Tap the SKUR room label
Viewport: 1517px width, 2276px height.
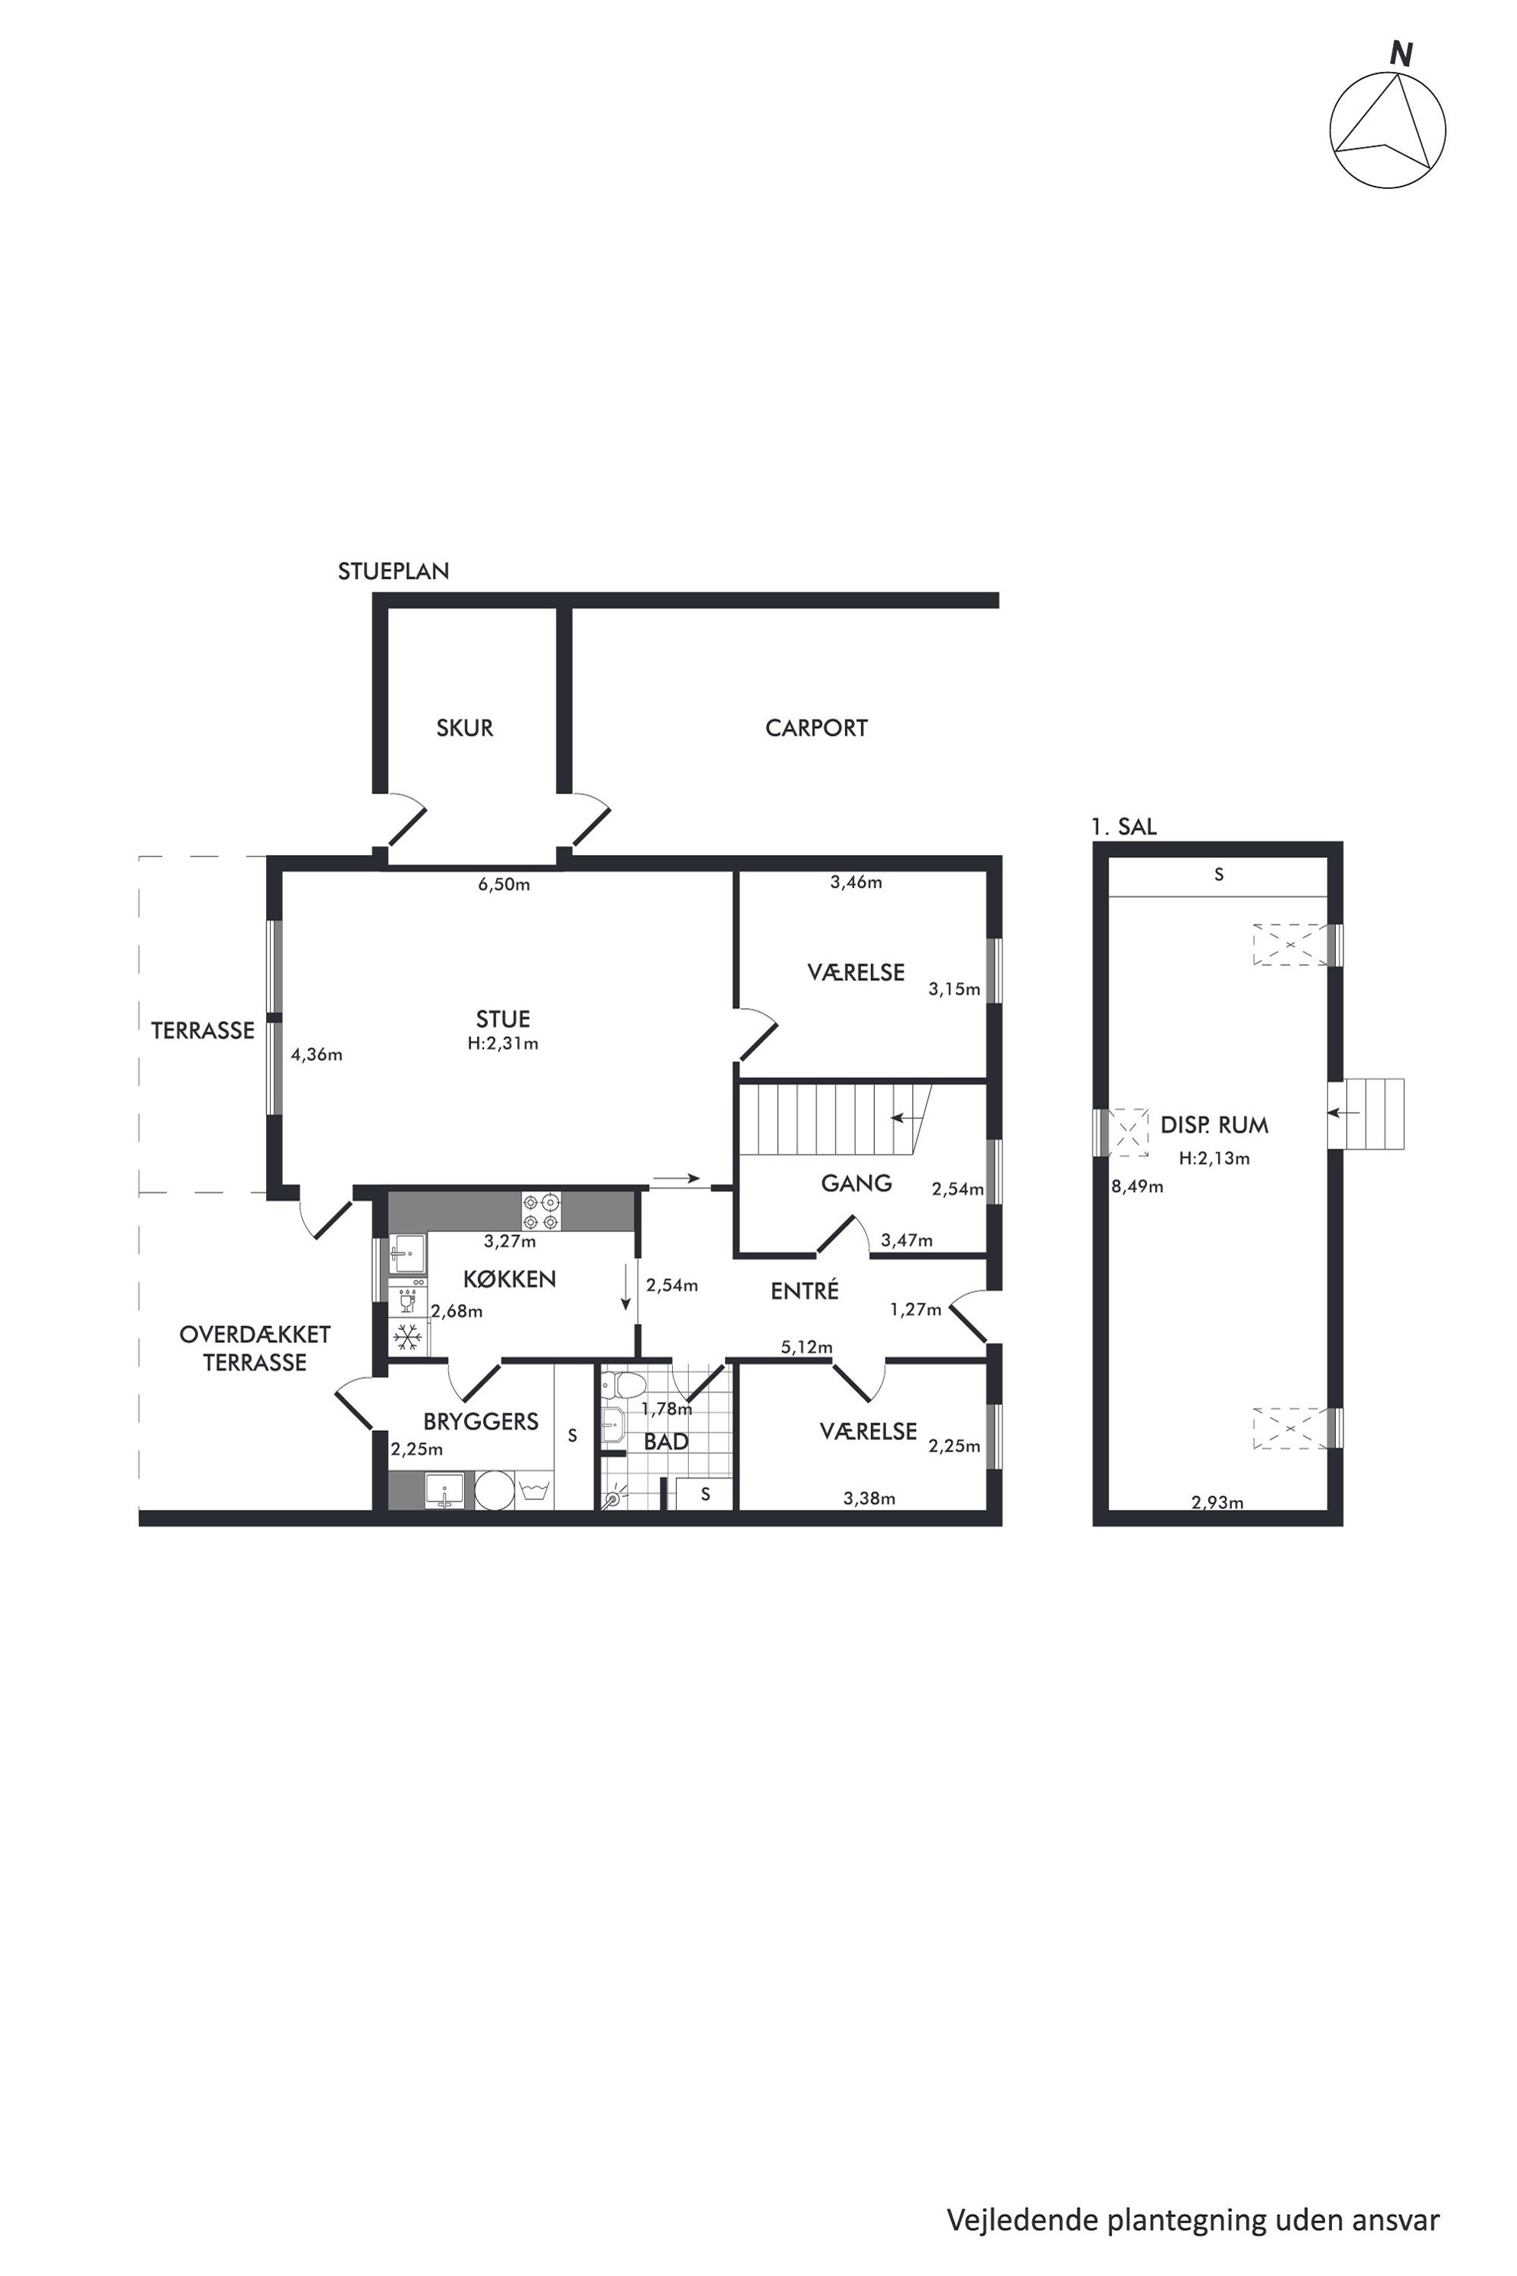pyautogui.click(x=464, y=728)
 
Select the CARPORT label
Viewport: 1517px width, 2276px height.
pyautogui.click(x=816, y=728)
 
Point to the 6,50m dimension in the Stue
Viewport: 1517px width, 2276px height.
pyautogui.click(x=504, y=884)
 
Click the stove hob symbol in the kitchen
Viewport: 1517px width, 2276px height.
pyautogui.click(x=542, y=1211)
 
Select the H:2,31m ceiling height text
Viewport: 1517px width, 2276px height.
pyautogui.click(x=503, y=1043)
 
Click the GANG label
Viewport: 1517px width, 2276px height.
pyautogui.click(x=856, y=1182)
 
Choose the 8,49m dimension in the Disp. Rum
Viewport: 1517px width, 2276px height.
pyautogui.click(x=1137, y=1186)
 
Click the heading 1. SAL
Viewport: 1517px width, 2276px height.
pyautogui.click(x=1123, y=827)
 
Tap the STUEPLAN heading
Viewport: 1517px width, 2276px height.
pyautogui.click(x=393, y=571)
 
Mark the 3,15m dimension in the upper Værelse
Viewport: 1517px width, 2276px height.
pyautogui.click(x=954, y=989)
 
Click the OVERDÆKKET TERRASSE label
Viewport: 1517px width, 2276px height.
pyautogui.click(x=255, y=1348)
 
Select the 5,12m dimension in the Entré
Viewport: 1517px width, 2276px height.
pyautogui.click(x=807, y=1347)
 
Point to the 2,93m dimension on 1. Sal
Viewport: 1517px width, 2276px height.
pyautogui.click(x=1217, y=1502)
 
